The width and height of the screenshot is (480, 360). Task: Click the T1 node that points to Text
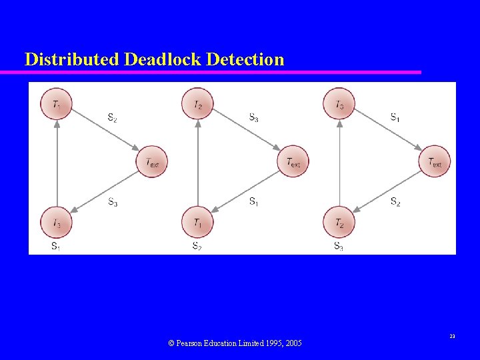click(x=57, y=105)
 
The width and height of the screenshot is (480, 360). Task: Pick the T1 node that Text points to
click(x=198, y=222)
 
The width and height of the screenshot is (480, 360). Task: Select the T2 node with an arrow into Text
click(x=198, y=105)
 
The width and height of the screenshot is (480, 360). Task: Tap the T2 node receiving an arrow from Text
click(x=339, y=222)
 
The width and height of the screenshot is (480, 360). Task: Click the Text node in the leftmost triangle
click(x=152, y=162)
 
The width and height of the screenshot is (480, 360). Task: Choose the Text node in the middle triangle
click(x=293, y=162)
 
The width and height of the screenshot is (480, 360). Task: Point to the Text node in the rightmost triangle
click(x=435, y=162)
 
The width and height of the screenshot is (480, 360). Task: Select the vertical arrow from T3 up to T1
click(x=57, y=163)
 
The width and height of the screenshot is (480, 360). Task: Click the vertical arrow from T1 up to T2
click(x=198, y=163)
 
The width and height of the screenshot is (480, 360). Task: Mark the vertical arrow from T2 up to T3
click(x=339, y=163)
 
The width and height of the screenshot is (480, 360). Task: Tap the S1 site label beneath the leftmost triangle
click(x=57, y=246)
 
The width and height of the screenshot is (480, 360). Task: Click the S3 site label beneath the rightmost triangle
click(x=339, y=246)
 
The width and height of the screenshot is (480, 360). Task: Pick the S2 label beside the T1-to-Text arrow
click(x=113, y=118)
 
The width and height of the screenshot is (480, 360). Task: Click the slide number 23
click(x=452, y=337)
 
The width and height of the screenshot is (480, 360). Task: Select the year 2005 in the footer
click(x=292, y=343)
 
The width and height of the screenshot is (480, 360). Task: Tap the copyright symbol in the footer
click(x=171, y=343)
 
